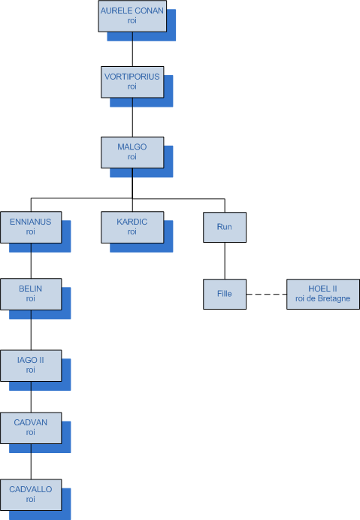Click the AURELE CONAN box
[x=132, y=17]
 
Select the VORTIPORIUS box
[x=132, y=82]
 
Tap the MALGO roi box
[x=132, y=153]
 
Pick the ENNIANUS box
[x=31, y=227]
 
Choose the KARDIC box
[x=132, y=227]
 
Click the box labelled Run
[x=225, y=227]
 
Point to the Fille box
[x=225, y=294]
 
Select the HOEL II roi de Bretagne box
[x=323, y=294]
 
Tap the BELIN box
[x=31, y=294]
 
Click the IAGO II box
[x=31, y=365]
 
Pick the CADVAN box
[x=31, y=428]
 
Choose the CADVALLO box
[x=31, y=494]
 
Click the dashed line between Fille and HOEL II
[x=267, y=294]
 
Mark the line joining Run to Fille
[x=225, y=261]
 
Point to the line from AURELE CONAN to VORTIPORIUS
[x=132, y=49]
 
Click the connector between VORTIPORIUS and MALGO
[x=132, y=117]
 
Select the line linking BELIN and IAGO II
[x=31, y=330]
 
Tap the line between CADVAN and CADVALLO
[x=31, y=461]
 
